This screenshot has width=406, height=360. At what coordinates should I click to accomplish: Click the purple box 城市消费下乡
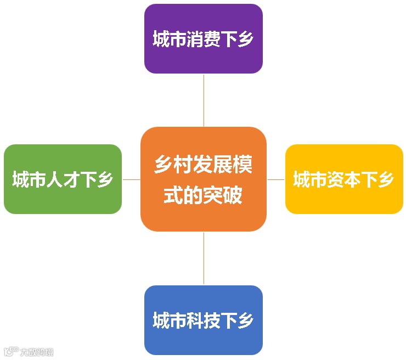[x=203, y=38]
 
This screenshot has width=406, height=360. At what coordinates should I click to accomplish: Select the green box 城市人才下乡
[x=63, y=179]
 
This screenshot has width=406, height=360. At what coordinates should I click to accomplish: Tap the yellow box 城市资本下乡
[x=344, y=179]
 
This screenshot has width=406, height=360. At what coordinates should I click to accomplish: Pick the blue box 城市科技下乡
[x=203, y=320]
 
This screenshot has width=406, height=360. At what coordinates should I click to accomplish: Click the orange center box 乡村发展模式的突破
[x=203, y=179]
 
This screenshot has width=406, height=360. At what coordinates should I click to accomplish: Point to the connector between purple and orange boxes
[x=204, y=100]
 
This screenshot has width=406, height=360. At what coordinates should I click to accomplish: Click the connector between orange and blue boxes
[x=204, y=258]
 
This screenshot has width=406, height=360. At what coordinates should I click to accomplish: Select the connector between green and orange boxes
[x=131, y=179]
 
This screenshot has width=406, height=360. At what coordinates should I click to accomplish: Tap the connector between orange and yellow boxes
[x=276, y=179]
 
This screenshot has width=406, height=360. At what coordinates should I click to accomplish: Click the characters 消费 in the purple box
[x=203, y=40]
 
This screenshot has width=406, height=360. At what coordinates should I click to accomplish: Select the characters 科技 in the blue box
[x=203, y=320]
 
